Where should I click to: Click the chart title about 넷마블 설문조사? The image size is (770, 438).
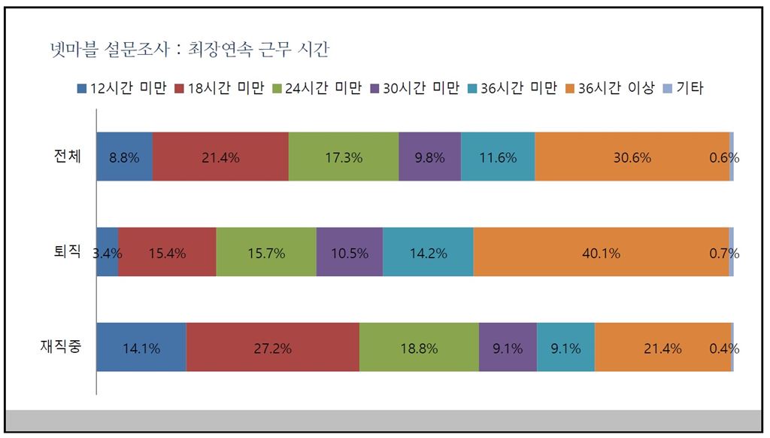187,51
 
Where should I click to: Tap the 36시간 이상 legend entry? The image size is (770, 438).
613,88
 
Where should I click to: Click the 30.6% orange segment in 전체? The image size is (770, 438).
632,157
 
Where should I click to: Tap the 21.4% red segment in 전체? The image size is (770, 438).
220,157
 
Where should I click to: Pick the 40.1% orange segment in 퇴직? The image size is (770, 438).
601,252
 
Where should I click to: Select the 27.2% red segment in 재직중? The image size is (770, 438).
272,347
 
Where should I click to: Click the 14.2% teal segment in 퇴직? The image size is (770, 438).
428,252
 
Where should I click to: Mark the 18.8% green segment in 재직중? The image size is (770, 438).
419,347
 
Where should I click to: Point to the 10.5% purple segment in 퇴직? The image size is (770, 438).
350,252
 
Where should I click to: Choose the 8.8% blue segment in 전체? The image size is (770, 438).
124,157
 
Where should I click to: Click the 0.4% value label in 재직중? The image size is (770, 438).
724,348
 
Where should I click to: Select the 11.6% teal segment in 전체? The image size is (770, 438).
498,157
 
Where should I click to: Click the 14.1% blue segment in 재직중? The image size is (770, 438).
141,347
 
